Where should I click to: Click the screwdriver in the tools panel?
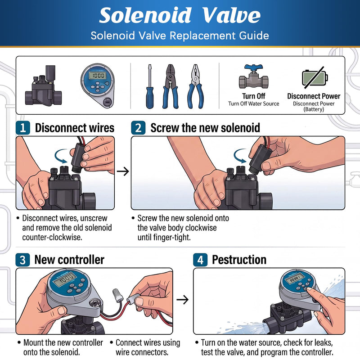pos(150,87)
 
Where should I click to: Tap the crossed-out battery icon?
pos(315,77)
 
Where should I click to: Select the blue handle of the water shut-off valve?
pos(253,68)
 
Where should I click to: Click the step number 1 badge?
pos(23,128)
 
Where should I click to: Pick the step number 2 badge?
pos(138,128)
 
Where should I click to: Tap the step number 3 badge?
pos(22,260)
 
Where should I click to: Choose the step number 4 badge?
pos(200,260)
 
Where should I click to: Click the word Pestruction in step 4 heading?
pos(239,260)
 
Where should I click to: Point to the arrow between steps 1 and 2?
pos(123,171)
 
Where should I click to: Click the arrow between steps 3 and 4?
pos(183,299)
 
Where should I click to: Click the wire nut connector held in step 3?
pos(117,295)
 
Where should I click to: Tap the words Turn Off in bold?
pos(253,96)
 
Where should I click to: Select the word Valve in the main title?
pos(231,15)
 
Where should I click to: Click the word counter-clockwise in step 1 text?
pos(52,237)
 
